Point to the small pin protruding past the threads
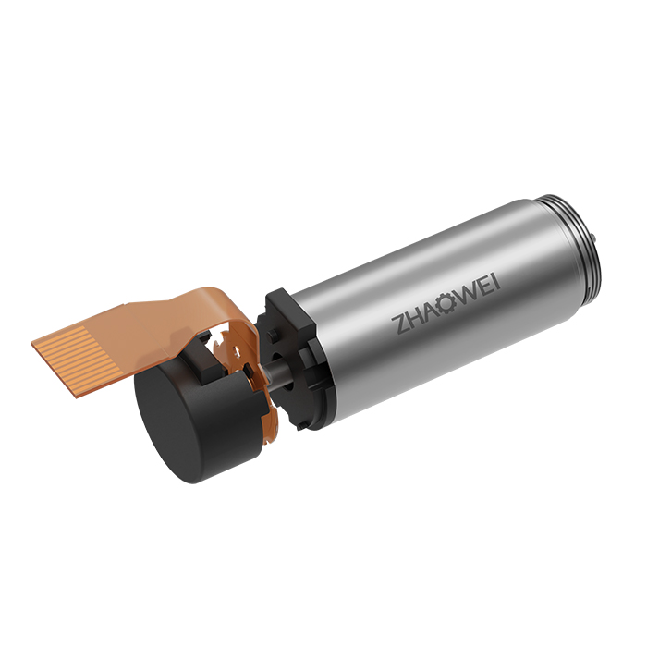click(x=593, y=238)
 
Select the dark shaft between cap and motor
click(x=276, y=372)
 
